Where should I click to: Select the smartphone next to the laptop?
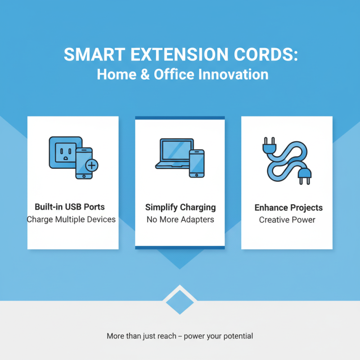coord(196,163)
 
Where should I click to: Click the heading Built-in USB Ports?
coord(70,207)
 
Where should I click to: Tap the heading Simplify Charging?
coord(180,207)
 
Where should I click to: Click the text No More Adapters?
coord(180,220)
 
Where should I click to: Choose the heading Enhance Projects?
coord(288,207)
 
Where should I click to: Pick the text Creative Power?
coord(287,220)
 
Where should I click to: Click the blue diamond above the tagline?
coord(180,301)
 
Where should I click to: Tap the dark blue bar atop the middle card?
coord(180,118)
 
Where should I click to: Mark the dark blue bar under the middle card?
coord(180,247)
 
